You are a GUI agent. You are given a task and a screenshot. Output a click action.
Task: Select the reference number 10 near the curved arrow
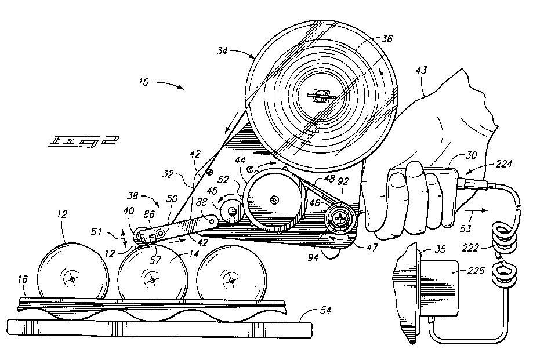click(144, 82)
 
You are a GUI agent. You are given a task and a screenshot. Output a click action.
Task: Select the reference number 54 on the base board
click(325, 311)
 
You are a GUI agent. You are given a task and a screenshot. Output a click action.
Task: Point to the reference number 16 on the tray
click(22, 279)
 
